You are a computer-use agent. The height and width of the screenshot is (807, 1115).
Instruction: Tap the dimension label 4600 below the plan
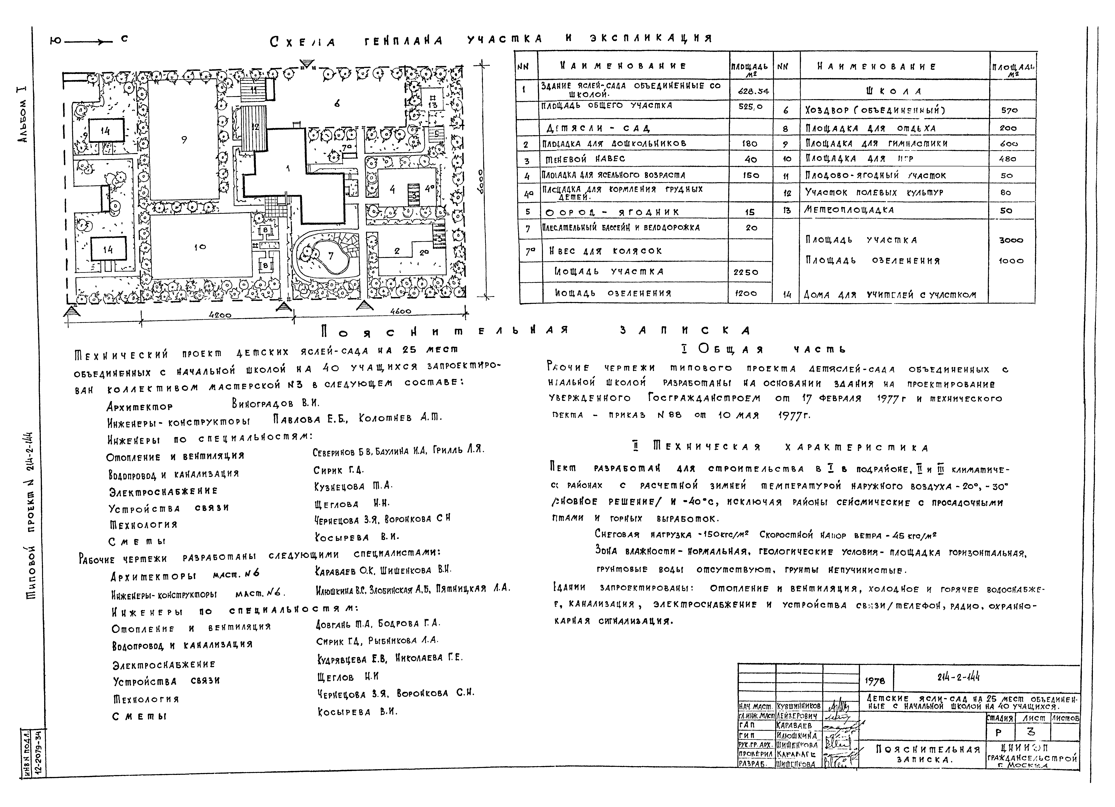[x=401, y=311]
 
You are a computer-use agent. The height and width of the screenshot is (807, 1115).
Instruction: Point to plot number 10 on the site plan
[x=200, y=247]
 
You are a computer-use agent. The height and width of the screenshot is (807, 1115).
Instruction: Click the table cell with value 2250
[x=746, y=272]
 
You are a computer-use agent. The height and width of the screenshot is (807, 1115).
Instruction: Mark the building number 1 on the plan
[x=288, y=169]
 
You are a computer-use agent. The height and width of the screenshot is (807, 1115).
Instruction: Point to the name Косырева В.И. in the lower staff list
[x=357, y=712]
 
